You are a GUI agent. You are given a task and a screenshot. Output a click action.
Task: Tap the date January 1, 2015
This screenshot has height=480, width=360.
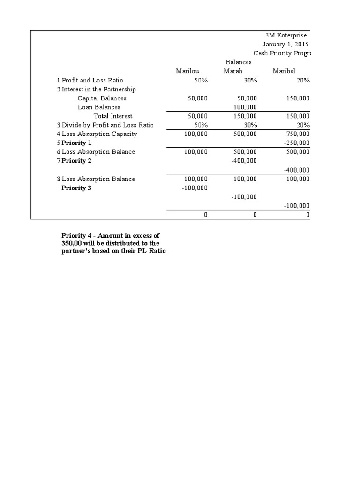pyautogui.click(x=288, y=44)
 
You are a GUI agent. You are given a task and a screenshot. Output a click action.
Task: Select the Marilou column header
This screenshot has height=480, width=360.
pyautogui.click(x=187, y=71)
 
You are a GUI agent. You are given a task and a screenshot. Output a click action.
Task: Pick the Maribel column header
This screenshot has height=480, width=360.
pyautogui.click(x=285, y=71)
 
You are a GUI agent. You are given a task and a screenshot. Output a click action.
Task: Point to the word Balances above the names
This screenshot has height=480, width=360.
pyautogui.click(x=239, y=62)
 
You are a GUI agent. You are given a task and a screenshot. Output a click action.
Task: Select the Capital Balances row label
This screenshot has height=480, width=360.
pyautogui.click(x=102, y=98)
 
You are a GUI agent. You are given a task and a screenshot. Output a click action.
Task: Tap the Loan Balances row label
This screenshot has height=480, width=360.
pyautogui.click(x=99, y=107)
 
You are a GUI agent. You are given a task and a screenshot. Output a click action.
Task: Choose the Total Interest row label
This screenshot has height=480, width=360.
pyautogui.click(x=113, y=116)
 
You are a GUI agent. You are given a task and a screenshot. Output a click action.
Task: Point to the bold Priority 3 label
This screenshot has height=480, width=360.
pyautogui.click(x=77, y=188)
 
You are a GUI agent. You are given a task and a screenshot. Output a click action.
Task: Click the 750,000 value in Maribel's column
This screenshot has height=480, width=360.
pyautogui.click(x=297, y=134)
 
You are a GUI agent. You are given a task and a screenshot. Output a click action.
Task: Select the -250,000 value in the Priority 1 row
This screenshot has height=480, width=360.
pyautogui.click(x=296, y=143)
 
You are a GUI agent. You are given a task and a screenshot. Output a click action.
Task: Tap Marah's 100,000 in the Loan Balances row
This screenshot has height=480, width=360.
pyautogui.click(x=245, y=107)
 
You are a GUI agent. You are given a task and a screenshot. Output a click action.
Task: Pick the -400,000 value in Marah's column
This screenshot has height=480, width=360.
pyautogui.click(x=244, y=161)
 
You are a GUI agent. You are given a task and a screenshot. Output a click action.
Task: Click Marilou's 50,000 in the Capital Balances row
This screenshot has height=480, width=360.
pyautogui.click(x=197, y=98)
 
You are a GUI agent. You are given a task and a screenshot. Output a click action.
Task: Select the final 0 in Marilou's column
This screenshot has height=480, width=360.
pyautogui.click(x=204, y=215)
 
